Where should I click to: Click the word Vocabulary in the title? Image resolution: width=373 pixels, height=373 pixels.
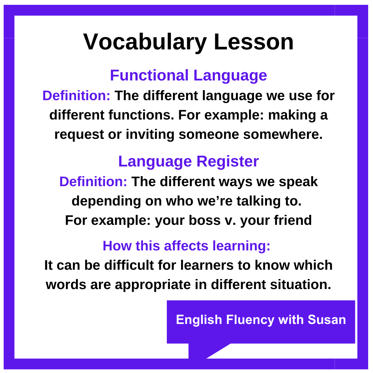click(145, 42)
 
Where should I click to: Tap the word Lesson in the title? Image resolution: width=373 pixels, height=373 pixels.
click(254, 42)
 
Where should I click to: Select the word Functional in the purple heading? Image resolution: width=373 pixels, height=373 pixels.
click(149, 75)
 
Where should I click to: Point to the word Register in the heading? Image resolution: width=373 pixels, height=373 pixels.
click(228, 162)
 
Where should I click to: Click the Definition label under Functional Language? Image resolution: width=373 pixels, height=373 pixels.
click(76, 96)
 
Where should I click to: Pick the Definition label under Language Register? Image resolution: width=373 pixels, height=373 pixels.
click(93, 182)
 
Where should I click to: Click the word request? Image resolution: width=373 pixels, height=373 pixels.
click(79, 135)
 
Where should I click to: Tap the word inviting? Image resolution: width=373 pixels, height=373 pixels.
click(150, 134)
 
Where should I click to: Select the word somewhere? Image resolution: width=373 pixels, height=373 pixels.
click(283, 134)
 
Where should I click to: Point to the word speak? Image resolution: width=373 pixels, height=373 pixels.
click(298, 182)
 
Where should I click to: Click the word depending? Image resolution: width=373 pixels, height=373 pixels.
click(106, 201)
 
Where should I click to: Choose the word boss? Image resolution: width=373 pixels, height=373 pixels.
click(204, 220)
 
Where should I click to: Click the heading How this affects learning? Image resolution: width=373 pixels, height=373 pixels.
click(186, 246)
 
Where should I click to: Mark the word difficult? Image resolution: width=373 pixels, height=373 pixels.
click(129, 265)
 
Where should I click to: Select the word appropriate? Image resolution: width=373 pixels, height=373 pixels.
click(153, 285)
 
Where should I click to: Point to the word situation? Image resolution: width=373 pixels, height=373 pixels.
click(301, 285)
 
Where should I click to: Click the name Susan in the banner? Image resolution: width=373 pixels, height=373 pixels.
click(327, 320)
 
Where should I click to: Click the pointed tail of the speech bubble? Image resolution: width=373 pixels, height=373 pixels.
click(207, 358)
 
